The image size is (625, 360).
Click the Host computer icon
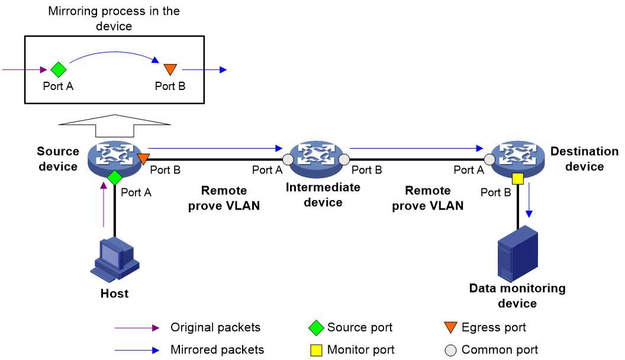115,259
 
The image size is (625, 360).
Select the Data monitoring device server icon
518,253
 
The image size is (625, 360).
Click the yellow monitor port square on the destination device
518,179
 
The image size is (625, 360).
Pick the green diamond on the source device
115,178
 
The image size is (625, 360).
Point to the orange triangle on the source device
143,159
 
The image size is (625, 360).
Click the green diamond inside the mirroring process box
59,70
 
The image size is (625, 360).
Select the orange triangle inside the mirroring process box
170,69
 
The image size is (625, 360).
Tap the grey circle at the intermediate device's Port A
288,159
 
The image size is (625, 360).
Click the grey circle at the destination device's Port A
489,159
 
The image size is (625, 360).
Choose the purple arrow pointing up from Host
104,204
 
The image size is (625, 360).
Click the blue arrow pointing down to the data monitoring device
529,200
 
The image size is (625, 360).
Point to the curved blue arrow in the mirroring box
115,52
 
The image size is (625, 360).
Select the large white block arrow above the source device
115,126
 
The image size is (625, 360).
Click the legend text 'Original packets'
215,327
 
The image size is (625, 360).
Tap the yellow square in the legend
316,350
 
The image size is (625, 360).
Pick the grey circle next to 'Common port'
450,350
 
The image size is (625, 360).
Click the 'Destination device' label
584,159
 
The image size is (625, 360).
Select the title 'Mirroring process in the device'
114,18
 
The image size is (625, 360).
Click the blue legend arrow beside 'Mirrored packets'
137,351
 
